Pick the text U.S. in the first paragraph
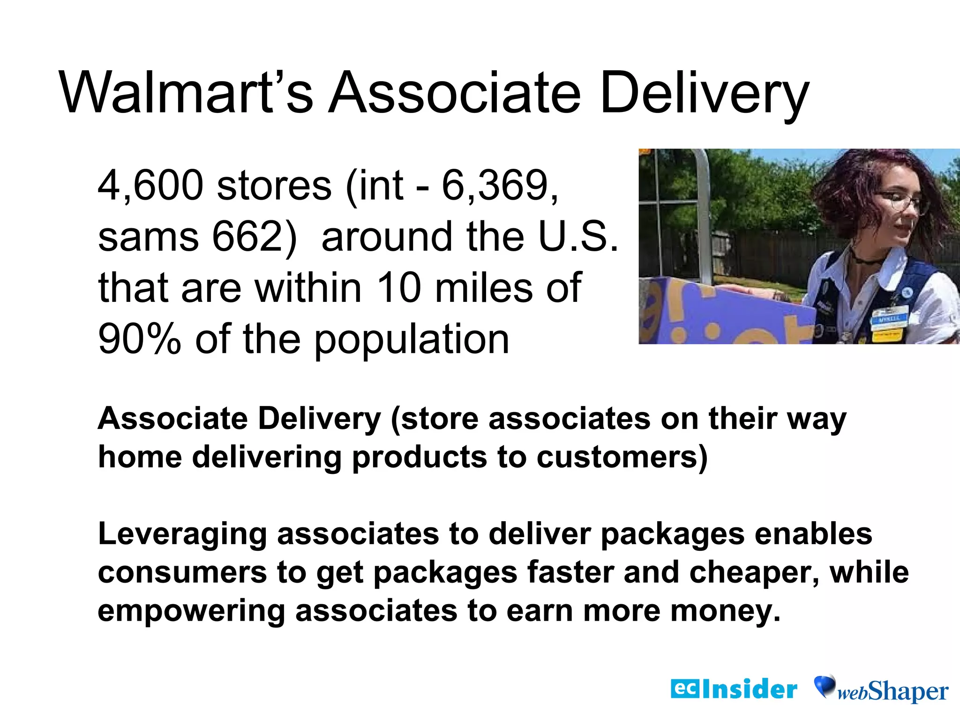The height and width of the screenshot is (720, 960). pos(578,237)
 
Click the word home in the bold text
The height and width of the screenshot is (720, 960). pos(140,457)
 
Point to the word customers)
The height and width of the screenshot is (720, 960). pos(622,457)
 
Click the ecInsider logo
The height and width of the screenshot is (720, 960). pos(734,689)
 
